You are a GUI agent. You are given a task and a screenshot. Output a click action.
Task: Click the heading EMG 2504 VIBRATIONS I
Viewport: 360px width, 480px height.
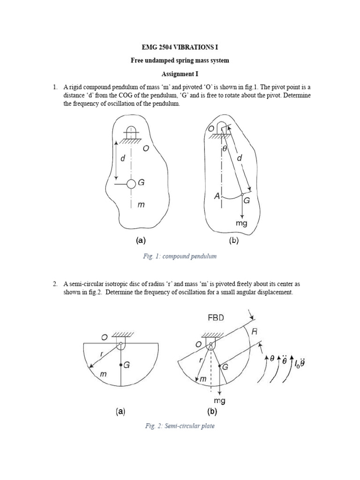coord(180,48)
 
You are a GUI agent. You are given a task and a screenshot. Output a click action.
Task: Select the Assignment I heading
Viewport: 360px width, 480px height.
coord(180,74)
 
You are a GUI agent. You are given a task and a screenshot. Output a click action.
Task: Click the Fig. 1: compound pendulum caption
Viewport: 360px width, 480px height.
coord(180,256)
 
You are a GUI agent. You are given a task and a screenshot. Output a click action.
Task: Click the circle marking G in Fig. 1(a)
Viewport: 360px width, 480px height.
coord(131,184)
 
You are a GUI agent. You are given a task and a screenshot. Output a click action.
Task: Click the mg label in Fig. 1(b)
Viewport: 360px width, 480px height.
coord(241,224)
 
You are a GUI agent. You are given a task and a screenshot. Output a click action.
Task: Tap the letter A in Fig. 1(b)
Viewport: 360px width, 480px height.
coord(217,197)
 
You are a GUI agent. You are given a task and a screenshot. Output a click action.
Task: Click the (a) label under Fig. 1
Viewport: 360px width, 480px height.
coord(141,240)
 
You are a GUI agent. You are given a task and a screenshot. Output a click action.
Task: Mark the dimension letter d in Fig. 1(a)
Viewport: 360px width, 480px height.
coord(123,159)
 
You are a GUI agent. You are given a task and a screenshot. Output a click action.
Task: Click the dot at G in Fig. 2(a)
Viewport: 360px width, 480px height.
coord(121,364)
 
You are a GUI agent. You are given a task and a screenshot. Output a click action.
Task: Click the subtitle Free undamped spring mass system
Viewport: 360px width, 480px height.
coord(180,61)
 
